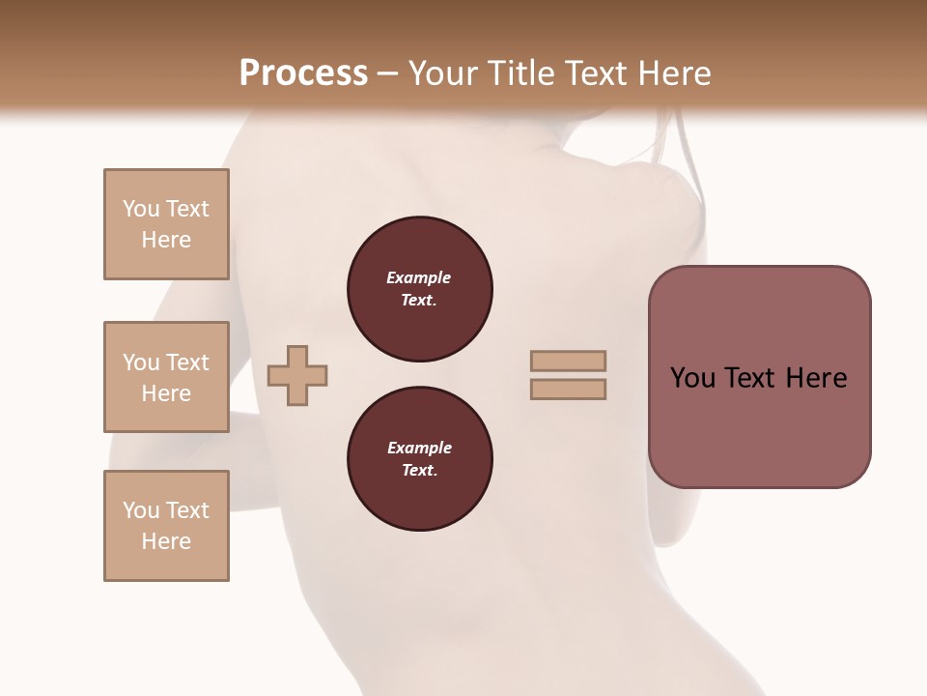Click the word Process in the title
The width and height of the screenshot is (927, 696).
303,73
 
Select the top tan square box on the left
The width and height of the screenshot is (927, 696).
166,224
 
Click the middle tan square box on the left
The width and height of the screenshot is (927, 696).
166,377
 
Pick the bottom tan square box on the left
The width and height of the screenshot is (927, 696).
166,526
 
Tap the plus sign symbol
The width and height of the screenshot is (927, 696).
297,375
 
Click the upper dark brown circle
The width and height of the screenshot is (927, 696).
420,289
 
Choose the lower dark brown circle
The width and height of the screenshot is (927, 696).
420,459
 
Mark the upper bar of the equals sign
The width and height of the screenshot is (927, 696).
568,362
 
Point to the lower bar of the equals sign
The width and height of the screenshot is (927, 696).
568,390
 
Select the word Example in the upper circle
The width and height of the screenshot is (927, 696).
419,277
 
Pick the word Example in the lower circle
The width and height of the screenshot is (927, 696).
419,448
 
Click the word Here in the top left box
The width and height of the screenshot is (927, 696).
166,240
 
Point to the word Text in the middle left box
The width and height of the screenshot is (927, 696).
186,362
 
